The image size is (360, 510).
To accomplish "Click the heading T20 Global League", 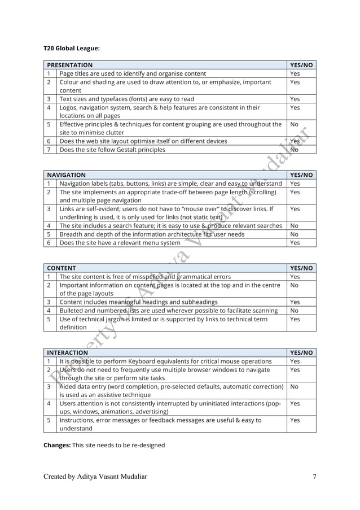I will [72, 49].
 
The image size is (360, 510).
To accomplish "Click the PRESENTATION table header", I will [70, 65].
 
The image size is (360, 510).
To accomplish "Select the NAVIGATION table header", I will [67, 175].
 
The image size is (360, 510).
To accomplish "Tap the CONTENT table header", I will [62, 268].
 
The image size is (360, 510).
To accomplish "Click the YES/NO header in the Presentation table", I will [301, 65].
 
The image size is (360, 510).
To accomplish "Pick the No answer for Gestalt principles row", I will [294, 150].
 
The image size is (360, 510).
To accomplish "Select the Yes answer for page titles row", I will [295, 73].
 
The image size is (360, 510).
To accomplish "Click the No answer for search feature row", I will [294, 226].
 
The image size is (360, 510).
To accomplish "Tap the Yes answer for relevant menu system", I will [295, 243].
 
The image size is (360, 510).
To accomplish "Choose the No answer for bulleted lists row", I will [294, 311].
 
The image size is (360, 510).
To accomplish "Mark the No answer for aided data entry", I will [294, 387].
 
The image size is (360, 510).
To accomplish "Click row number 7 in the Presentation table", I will [49, 150].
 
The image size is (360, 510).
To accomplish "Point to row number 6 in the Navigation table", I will [49, 243].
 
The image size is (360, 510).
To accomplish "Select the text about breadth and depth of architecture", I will [152, 234].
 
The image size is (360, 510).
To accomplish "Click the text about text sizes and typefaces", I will [126, 99].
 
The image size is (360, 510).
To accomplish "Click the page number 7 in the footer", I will [314, 477].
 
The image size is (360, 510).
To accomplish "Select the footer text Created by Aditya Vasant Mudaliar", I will [95, 477].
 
